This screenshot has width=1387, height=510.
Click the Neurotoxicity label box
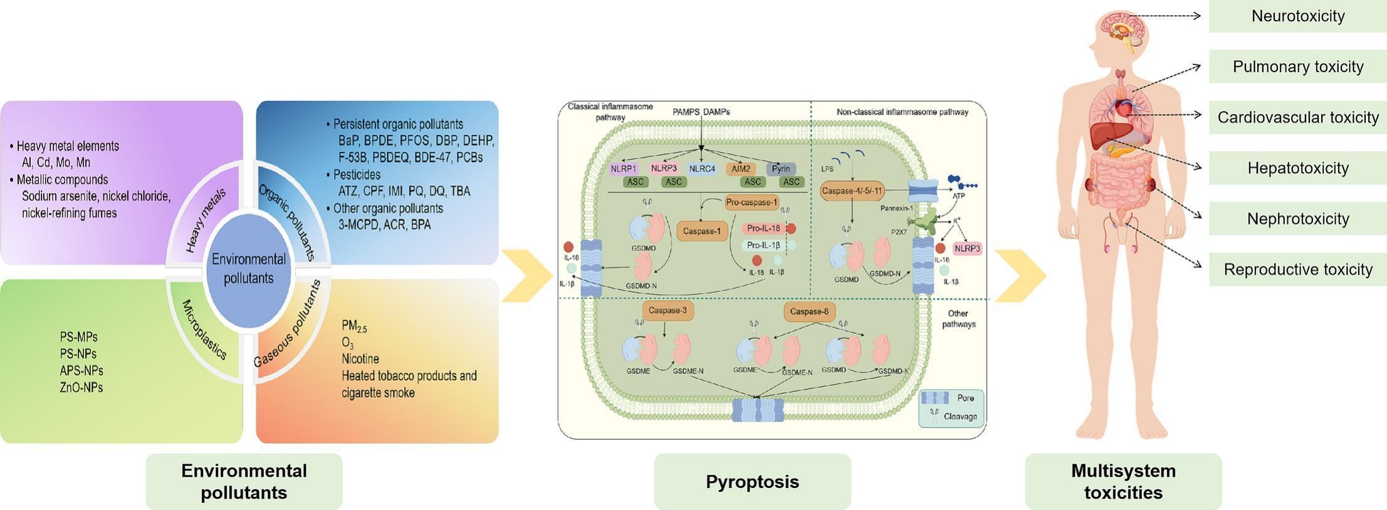pos(1297,16)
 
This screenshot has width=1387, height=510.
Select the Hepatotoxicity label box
pos(1297,168)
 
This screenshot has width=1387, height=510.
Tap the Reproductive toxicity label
pos(1297,270)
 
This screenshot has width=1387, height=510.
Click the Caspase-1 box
pos(701,231)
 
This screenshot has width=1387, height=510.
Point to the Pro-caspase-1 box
pos(751,203)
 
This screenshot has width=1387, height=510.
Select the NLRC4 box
pos(701,169)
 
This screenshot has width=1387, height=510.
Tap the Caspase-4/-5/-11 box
pos(852,191)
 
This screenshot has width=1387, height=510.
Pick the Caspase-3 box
pos(667,311)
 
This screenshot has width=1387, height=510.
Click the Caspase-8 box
pos(809,311)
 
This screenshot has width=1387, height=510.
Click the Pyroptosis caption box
pos(752,482)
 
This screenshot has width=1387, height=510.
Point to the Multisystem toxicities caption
pos(1123,482)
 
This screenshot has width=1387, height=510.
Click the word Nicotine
pos(360,359)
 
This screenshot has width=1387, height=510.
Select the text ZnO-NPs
pos(81,388)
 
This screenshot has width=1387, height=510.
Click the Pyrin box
pos(781,169)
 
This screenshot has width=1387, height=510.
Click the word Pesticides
pos(357,174)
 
